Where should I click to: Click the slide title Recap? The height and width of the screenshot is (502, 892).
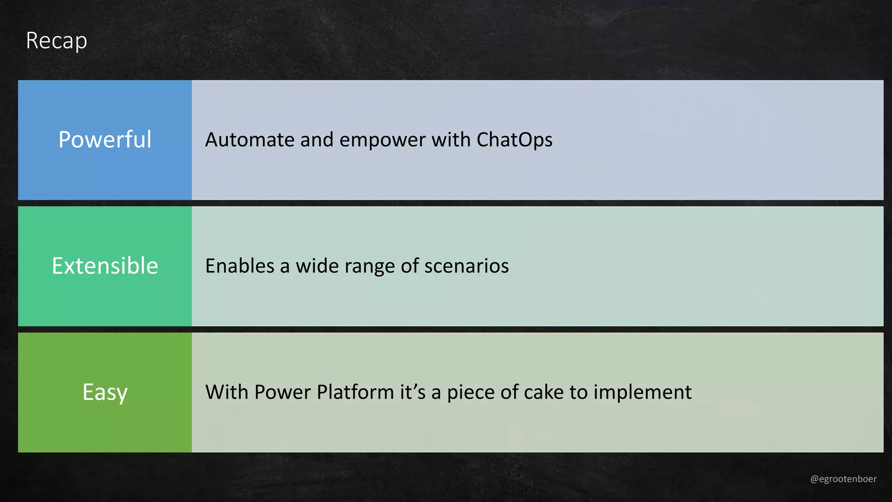57,41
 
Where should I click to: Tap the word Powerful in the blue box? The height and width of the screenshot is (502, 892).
105,139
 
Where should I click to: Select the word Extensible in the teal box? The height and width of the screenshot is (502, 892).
105,266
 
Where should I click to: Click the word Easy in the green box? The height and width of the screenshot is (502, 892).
105,392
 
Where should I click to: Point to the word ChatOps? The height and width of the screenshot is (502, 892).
514,140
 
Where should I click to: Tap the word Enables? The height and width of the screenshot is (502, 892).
240,266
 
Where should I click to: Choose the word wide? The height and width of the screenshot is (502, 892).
317,266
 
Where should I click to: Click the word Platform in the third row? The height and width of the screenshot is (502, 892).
355,392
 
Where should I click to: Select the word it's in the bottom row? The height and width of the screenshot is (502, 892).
412,392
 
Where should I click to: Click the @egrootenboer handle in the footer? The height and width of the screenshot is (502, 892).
843,479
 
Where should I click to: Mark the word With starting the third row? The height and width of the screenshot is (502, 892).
227,392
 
